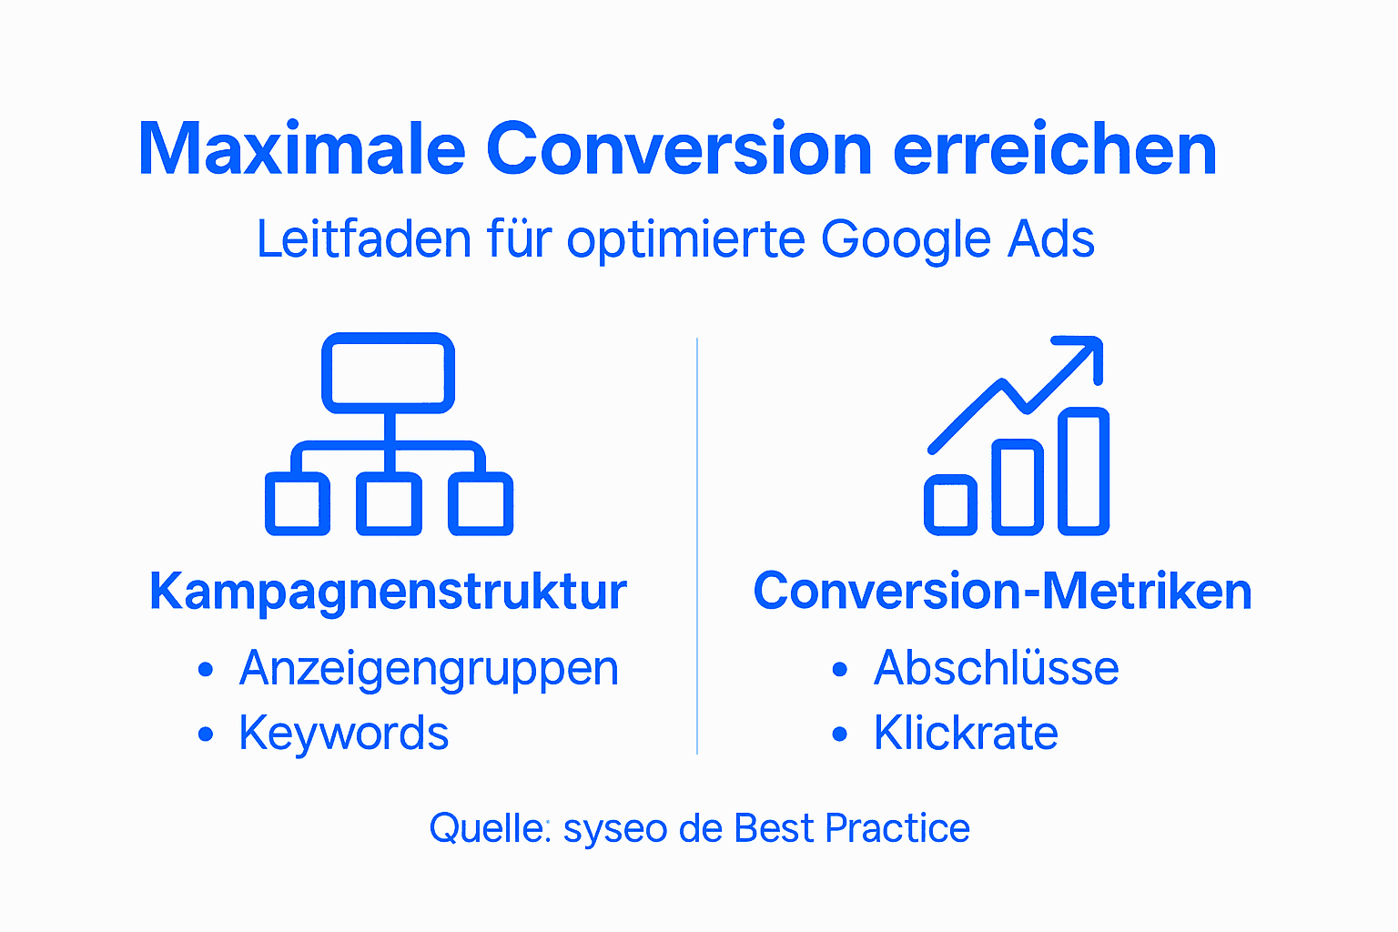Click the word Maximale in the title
[301, 149]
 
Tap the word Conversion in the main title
[679, 149]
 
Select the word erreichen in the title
[1055, 149]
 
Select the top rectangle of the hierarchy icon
[389, 373]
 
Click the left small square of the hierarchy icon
[298, 504]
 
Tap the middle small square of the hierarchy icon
[389, 504]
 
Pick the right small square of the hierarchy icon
[481, 504]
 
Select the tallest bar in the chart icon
[1083, 471]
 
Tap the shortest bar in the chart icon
[950, 505]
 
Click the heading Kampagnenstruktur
[388, 592]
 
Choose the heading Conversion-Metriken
[1002, 592]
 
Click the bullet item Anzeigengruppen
[429, 669]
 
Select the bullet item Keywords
[343, 734]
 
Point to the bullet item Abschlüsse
[996, 669]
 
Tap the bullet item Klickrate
[966, 734]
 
